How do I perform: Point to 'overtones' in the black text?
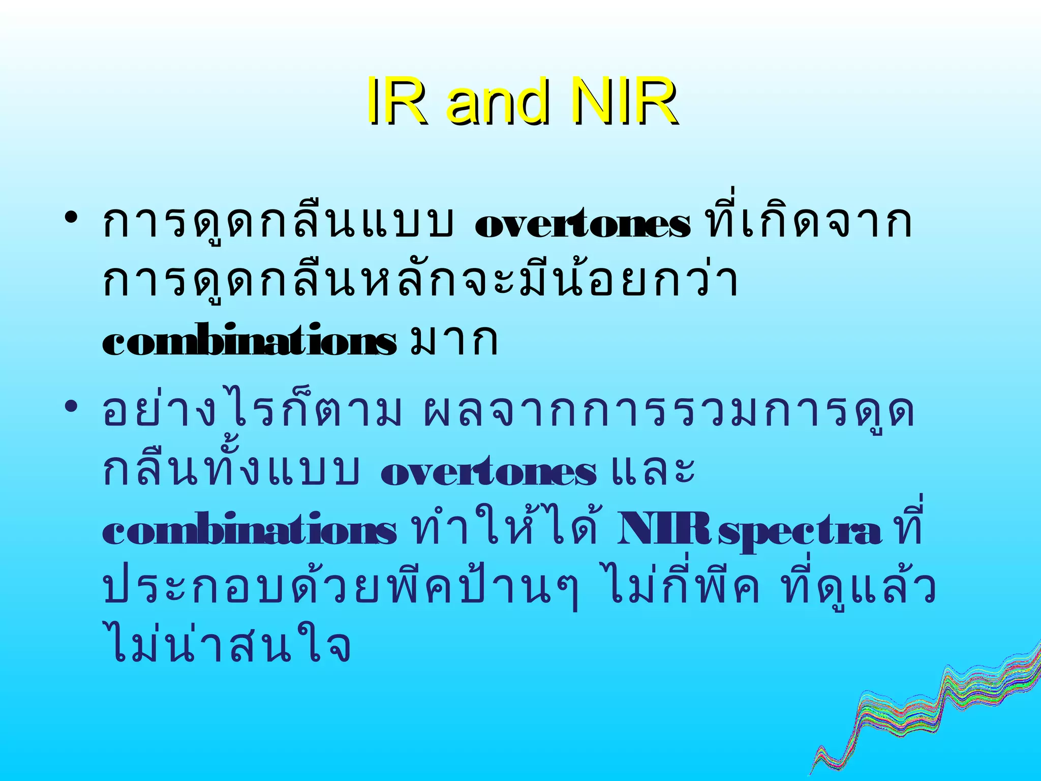click(583, 224)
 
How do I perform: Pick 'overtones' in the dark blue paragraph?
click(488, 472)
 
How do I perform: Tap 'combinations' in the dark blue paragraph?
click(249, 531)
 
